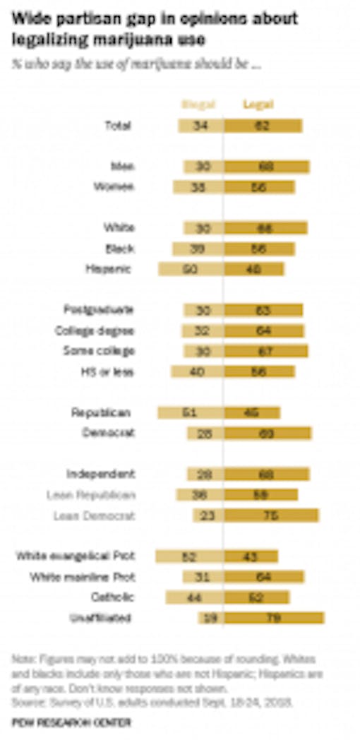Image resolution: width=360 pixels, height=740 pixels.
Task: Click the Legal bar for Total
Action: click(x=263, y=126)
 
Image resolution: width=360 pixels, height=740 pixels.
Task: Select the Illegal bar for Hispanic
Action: click(x=191, y=269)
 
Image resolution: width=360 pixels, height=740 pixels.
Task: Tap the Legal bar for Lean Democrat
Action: click(x=271, y=515)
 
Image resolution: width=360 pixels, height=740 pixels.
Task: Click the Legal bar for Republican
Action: click(x=252, y=412)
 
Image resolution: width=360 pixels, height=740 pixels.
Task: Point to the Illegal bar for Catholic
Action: click(x=195, y=597)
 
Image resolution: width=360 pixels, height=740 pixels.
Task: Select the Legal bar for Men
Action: click(x=267, y=167)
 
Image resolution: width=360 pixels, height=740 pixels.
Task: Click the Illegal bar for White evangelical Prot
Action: click(x=190, y=556)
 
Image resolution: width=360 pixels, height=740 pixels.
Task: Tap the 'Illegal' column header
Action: click(x=198, y=105)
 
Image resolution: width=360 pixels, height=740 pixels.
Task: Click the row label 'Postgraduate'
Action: click(x=99, y=309)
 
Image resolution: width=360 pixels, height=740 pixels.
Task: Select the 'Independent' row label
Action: click(x=101, y=473)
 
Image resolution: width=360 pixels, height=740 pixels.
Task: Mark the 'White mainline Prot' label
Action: click(x=83, y=577)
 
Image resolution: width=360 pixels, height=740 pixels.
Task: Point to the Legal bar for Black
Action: click(x=259, y=249)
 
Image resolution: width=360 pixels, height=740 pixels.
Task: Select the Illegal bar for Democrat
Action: click(x=205, y=433)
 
